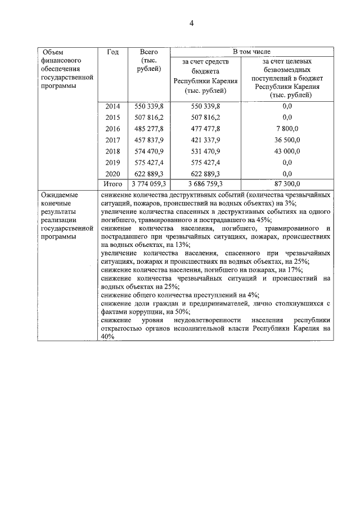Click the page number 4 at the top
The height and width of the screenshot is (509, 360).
[191, 23]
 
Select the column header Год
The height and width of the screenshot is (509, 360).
[112, 52]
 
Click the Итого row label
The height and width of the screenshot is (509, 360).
[112, 184]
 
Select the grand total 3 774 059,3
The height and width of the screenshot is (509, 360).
[148, 184]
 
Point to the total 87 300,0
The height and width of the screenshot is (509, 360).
[287, 184]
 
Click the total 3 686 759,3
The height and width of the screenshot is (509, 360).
[206, 184]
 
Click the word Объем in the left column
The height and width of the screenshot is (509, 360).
[53, 52]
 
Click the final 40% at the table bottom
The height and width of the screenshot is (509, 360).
[107, 336]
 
